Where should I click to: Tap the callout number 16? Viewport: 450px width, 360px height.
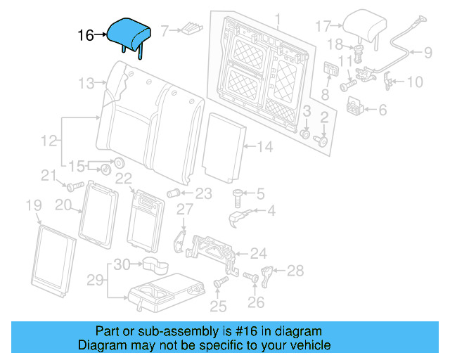[x=85, y=34]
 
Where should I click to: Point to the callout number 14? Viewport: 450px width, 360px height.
[x=264, y=147]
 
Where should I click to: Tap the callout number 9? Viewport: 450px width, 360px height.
[x=427, y=51]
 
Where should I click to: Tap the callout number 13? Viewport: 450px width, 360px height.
[x=86, y=84]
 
